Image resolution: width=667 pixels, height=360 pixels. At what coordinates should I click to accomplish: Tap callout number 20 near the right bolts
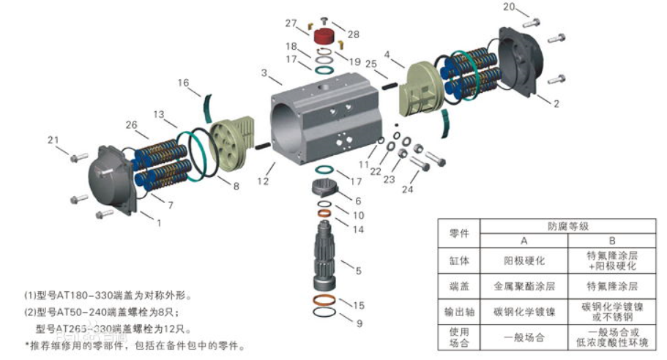[x=509, y=7]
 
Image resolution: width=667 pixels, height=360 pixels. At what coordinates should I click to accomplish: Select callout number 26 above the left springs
[x=132, y=124]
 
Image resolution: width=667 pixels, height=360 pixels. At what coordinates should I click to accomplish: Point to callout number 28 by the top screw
[x=354, y=34]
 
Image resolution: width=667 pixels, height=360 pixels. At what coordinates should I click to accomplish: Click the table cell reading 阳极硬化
[x=523, y=260]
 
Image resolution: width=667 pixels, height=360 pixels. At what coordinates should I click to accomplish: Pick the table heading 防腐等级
[x=568, y=226]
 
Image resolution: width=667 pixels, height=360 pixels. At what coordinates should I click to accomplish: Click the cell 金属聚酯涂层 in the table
[x=523, y=286]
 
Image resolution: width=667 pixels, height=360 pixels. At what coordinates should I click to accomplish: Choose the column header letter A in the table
[x=523, y=241]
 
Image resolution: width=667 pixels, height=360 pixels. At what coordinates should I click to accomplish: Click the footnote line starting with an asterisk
[x=135, y=345]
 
